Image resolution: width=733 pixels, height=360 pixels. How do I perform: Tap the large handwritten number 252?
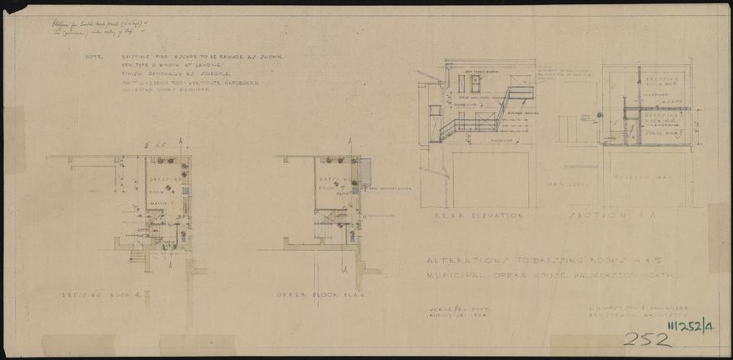pyautogui.click(x=643, y=339)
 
